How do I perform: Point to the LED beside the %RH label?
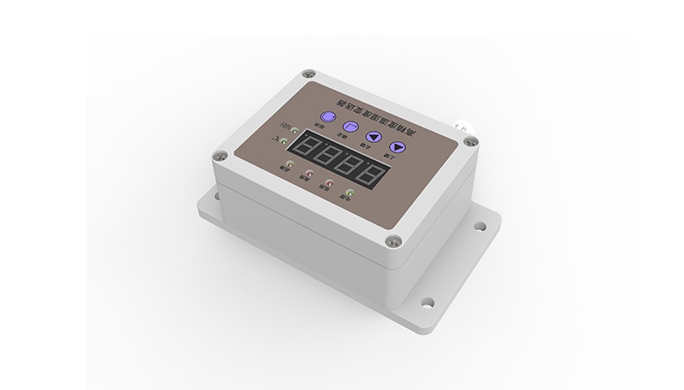pyautogui.click(x=294, y=131)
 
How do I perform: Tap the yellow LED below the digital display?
pyautogui.click(x=290, y=163)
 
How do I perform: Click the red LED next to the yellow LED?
pyautogui.click(x=309, y=172)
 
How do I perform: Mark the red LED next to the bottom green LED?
pyautogui.click(x=328, y=180)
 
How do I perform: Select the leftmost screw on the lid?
pyautogui.click(x=222, y=157)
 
